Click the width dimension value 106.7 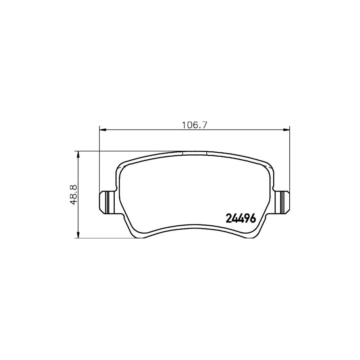[194, 124]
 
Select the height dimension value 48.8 [72, 194]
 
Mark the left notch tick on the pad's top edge [182, 153]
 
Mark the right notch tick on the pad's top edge [207, 153]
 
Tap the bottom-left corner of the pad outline [132, 236]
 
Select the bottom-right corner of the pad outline [256, 236]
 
